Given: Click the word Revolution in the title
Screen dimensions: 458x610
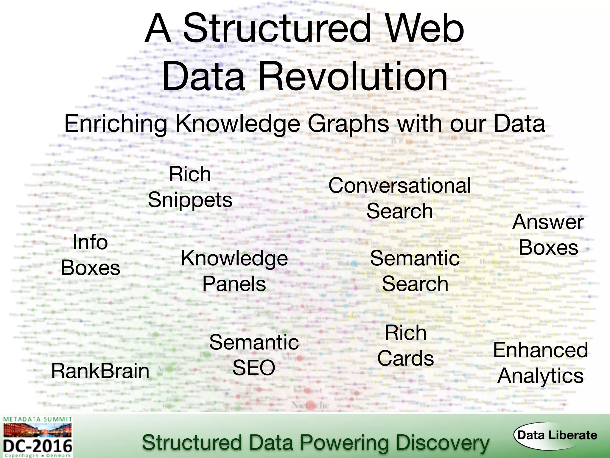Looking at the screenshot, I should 353,77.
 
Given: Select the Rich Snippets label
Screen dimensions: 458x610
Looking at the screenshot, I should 190,187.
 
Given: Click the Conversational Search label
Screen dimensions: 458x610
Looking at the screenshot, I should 400,198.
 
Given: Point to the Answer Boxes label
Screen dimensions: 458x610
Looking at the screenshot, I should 548,235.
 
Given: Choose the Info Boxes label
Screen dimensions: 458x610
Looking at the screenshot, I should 90,255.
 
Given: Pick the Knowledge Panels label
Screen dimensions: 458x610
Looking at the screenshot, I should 234,271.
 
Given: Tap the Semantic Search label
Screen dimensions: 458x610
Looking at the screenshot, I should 415,271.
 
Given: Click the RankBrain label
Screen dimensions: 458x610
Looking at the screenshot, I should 100,371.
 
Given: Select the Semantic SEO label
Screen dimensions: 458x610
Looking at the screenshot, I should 254,355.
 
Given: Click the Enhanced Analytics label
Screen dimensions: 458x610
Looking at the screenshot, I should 541,363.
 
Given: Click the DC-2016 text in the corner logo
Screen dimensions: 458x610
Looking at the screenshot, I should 38,446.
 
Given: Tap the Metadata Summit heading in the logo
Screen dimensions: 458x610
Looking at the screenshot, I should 38,420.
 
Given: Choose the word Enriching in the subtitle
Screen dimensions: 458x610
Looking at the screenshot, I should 116,124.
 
